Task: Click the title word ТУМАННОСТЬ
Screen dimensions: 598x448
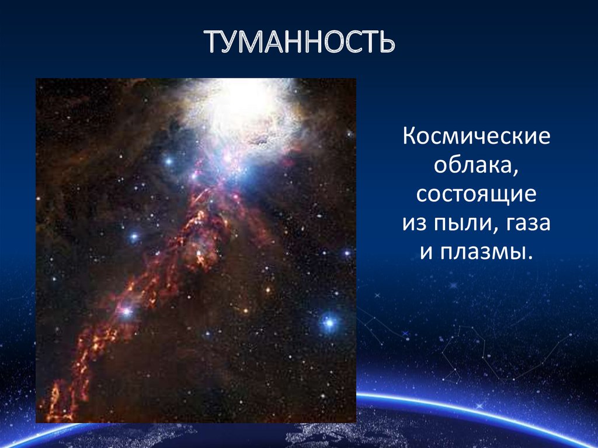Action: coord(300,41)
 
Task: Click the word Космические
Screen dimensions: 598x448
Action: coord(477,136)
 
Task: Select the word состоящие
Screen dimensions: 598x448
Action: coord(477,195)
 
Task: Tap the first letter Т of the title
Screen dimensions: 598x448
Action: coord(214,41)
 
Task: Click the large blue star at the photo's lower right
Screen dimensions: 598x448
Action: coord(329,324)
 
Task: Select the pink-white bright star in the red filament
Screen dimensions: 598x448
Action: coord(126,312)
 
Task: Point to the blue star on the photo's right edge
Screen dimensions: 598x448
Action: coord(347,252)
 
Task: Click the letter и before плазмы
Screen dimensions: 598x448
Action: coord(426,253)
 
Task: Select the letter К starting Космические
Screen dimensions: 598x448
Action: coord(409,136)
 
